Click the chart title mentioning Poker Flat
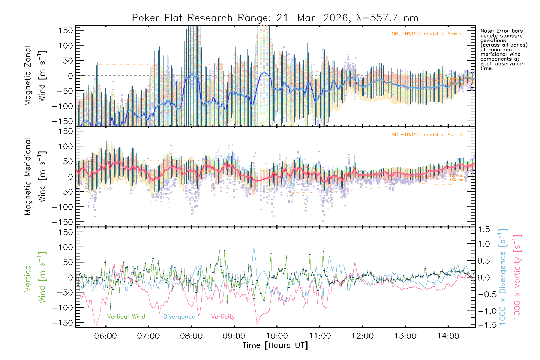coord(275,18)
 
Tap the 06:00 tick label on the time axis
coord(105,336)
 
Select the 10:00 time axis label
coord(277,336)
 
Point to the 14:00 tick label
coord(448,336)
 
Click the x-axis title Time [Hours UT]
coord(275,346)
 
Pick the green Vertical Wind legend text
coord(126,317)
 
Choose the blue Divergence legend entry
coord(179,317)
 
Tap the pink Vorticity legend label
coord(223,317)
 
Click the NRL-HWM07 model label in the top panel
coord(427,34)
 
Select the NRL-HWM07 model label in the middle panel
coord(427,135)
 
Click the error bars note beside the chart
coord(503,49)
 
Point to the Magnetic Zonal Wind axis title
coord(35,76)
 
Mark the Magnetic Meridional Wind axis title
coord(35,176)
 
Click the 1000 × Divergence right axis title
coord(503,277)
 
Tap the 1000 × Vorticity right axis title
coord(517,277)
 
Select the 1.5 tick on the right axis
coord(484,229)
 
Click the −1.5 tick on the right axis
coord(484,325)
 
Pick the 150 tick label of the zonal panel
coord(66,30)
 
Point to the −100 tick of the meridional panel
coord(63,207)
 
